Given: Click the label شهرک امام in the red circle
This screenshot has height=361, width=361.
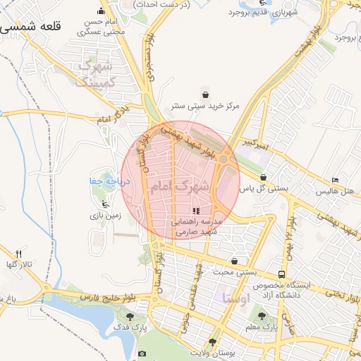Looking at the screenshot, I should point(179,187).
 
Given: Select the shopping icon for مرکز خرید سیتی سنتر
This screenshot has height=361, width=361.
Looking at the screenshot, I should point(204,94).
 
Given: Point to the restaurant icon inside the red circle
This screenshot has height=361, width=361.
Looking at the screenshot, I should point(196,211).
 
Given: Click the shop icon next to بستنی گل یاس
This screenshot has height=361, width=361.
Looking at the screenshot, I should point(263,177).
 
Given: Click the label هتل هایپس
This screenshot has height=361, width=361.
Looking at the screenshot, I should point(334,191).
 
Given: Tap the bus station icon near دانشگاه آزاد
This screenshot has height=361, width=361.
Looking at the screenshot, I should point(282,274).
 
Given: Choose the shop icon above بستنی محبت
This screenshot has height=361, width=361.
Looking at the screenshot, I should point(234,261).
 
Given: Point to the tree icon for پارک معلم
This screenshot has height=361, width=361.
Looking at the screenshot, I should point(262,316).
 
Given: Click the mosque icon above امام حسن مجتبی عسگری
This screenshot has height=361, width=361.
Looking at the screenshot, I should point(102,11).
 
